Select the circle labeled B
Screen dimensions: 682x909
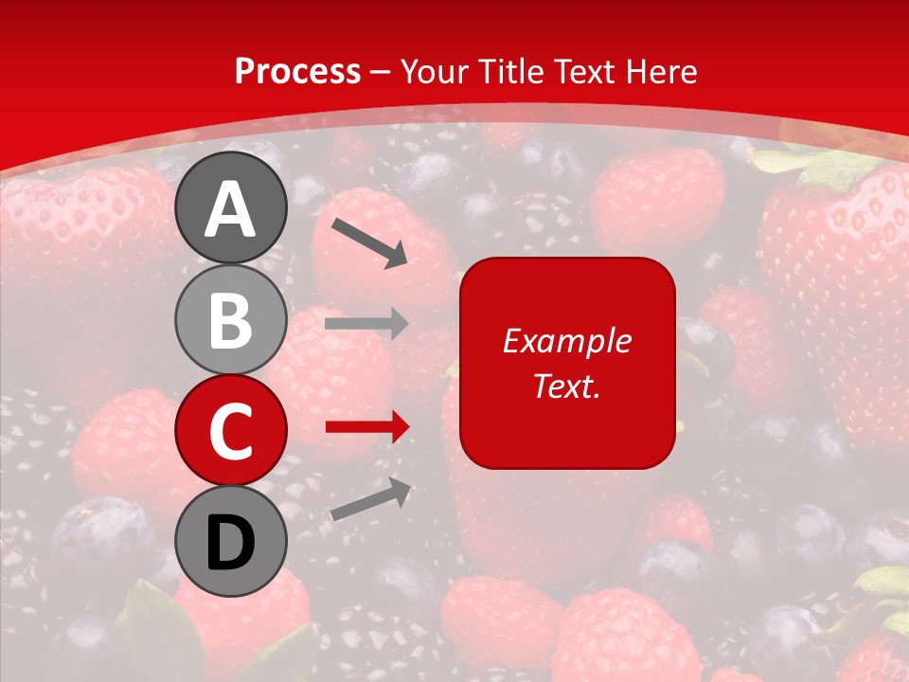[230, 320]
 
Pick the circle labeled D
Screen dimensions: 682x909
[230, 542]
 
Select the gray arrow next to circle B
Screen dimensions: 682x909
[366, 324]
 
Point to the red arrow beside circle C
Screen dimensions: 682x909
[366, 428]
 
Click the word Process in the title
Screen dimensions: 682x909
[297, 72]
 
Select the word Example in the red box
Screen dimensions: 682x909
[566, 341]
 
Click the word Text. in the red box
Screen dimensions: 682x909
[566, 386]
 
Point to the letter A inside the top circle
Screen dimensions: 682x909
[230, 210]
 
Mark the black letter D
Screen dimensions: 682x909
[230, 544]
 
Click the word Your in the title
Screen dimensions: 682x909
[435, 72]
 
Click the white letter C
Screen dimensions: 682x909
[230, 431]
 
